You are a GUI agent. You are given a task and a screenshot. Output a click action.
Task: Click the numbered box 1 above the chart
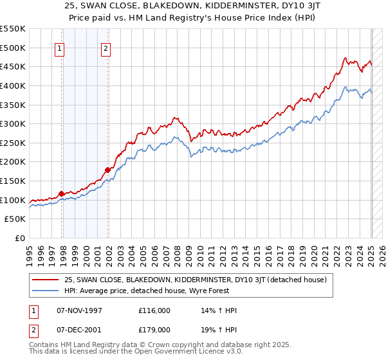[x=60, y=47]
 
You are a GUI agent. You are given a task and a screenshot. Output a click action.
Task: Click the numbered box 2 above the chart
[x=106, y=47]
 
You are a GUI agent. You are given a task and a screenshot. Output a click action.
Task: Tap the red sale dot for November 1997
[x=61, y=193]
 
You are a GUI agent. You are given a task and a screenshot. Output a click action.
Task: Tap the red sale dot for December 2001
[x=107, y=170]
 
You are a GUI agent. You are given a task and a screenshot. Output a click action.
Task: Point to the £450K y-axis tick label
[x=13, y=66]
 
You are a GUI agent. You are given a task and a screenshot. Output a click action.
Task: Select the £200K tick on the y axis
[x=13, y=161]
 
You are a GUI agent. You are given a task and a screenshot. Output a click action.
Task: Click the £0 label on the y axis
[x=19, y=238]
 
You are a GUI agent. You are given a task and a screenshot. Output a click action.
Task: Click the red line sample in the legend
[x=46, y=280]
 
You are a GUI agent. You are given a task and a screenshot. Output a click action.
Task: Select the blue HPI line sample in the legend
[x=46, y=291]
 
